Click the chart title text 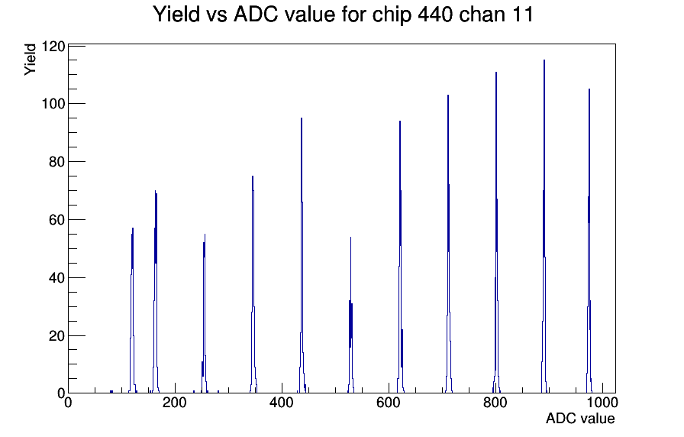[343, 15]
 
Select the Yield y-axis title [30, 60]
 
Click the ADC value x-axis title [580, 418]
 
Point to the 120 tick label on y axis [53, 46]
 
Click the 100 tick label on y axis [53, 104]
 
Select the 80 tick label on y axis [57, 162]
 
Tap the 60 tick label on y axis [57, 220]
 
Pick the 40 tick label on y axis [57, 278]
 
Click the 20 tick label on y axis [57, 336]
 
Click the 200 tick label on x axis [175, 403]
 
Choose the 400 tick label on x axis [282, 403]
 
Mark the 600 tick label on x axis [389, 403]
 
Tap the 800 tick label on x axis [495, 403]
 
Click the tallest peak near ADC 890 [544, 227]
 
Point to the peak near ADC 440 [302, 256]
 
